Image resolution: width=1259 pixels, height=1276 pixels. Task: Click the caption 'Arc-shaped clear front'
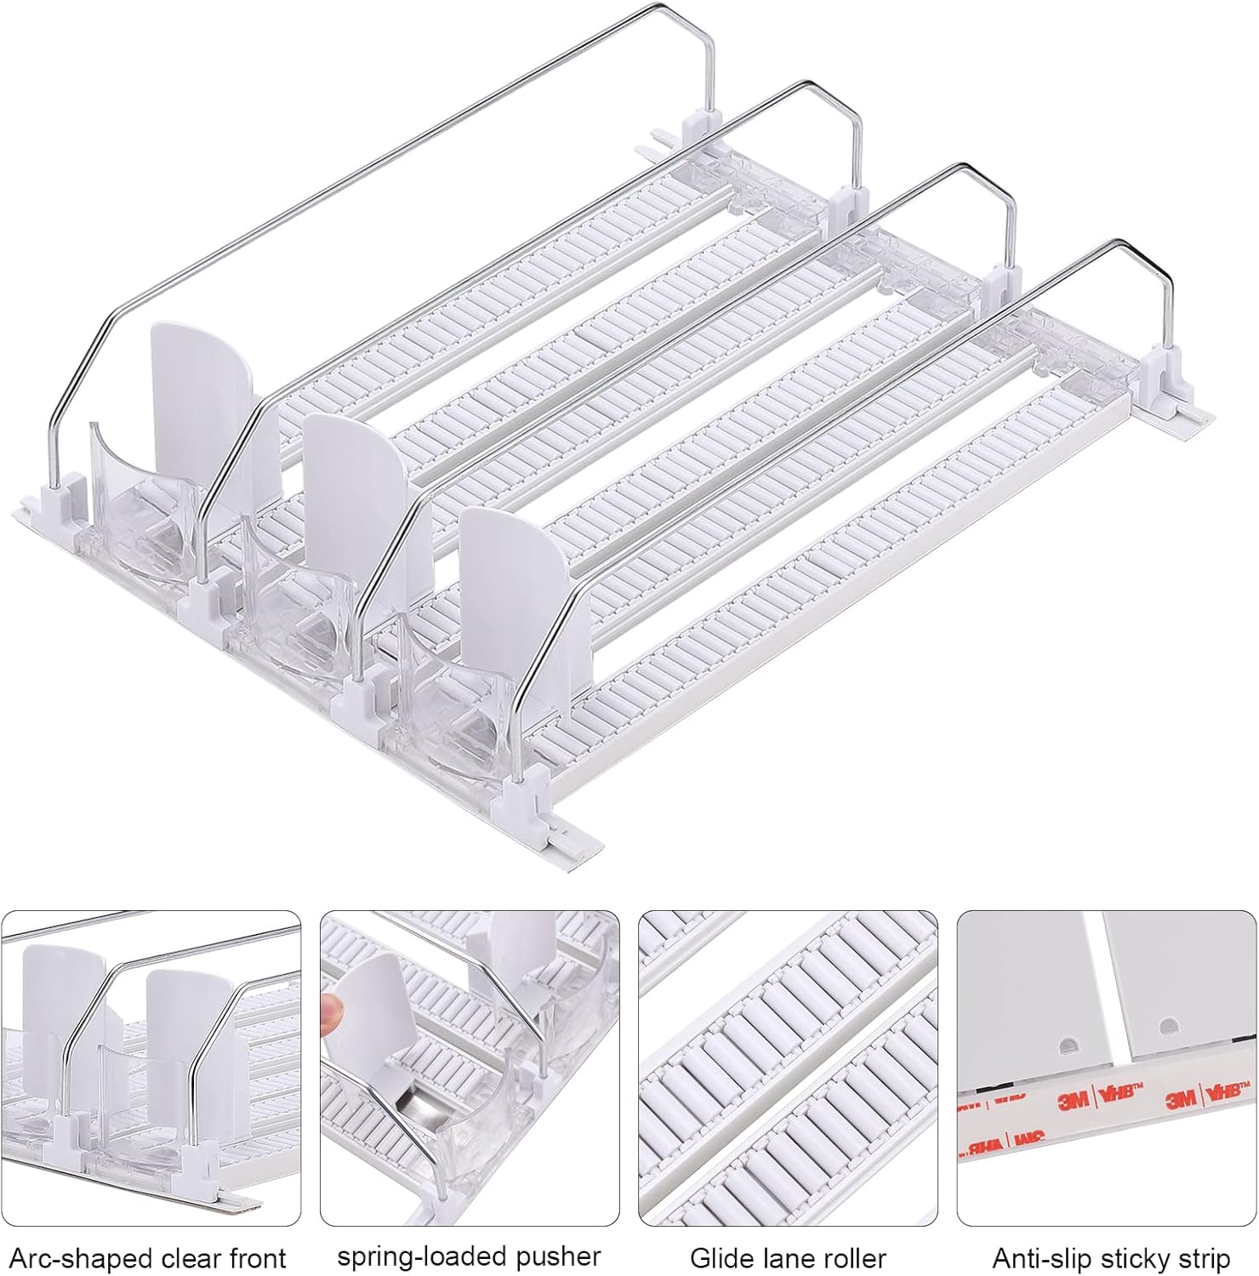pos(148,1257)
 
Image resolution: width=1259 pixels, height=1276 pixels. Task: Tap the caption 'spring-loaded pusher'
pos(469,1256)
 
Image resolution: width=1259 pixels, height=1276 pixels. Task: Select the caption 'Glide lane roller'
pos(788,1257)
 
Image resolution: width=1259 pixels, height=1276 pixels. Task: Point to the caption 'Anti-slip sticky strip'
pos(1111,1257)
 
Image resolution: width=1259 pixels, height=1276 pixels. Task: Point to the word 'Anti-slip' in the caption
pos(1043,1257)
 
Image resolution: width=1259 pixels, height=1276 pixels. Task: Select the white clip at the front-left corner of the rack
pos(65,497)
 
